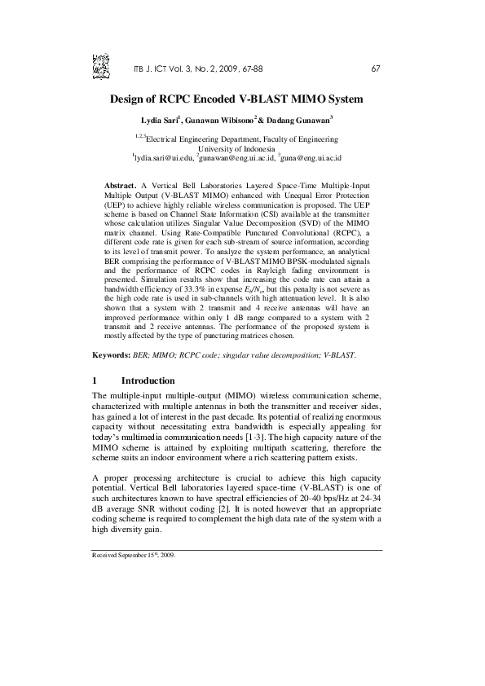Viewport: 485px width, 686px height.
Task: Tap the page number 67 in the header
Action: click(375, 68)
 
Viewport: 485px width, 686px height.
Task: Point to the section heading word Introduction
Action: click(148, 380)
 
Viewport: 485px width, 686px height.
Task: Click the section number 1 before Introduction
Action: click(95, 380)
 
